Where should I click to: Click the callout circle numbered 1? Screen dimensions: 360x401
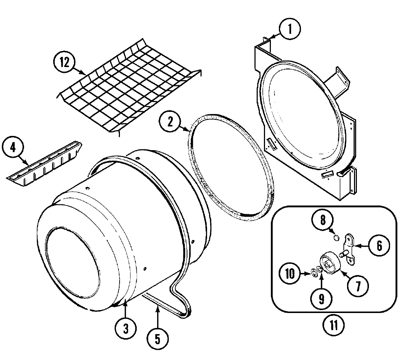pos(289,30)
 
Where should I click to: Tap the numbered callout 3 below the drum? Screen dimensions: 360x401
pos(125,329)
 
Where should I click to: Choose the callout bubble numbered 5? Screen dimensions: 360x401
pos(157,339)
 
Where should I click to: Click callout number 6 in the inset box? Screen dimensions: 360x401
pos(379,246)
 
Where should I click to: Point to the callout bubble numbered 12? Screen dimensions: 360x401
pos(65,62)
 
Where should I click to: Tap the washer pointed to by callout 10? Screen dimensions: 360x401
pos(313,273)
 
